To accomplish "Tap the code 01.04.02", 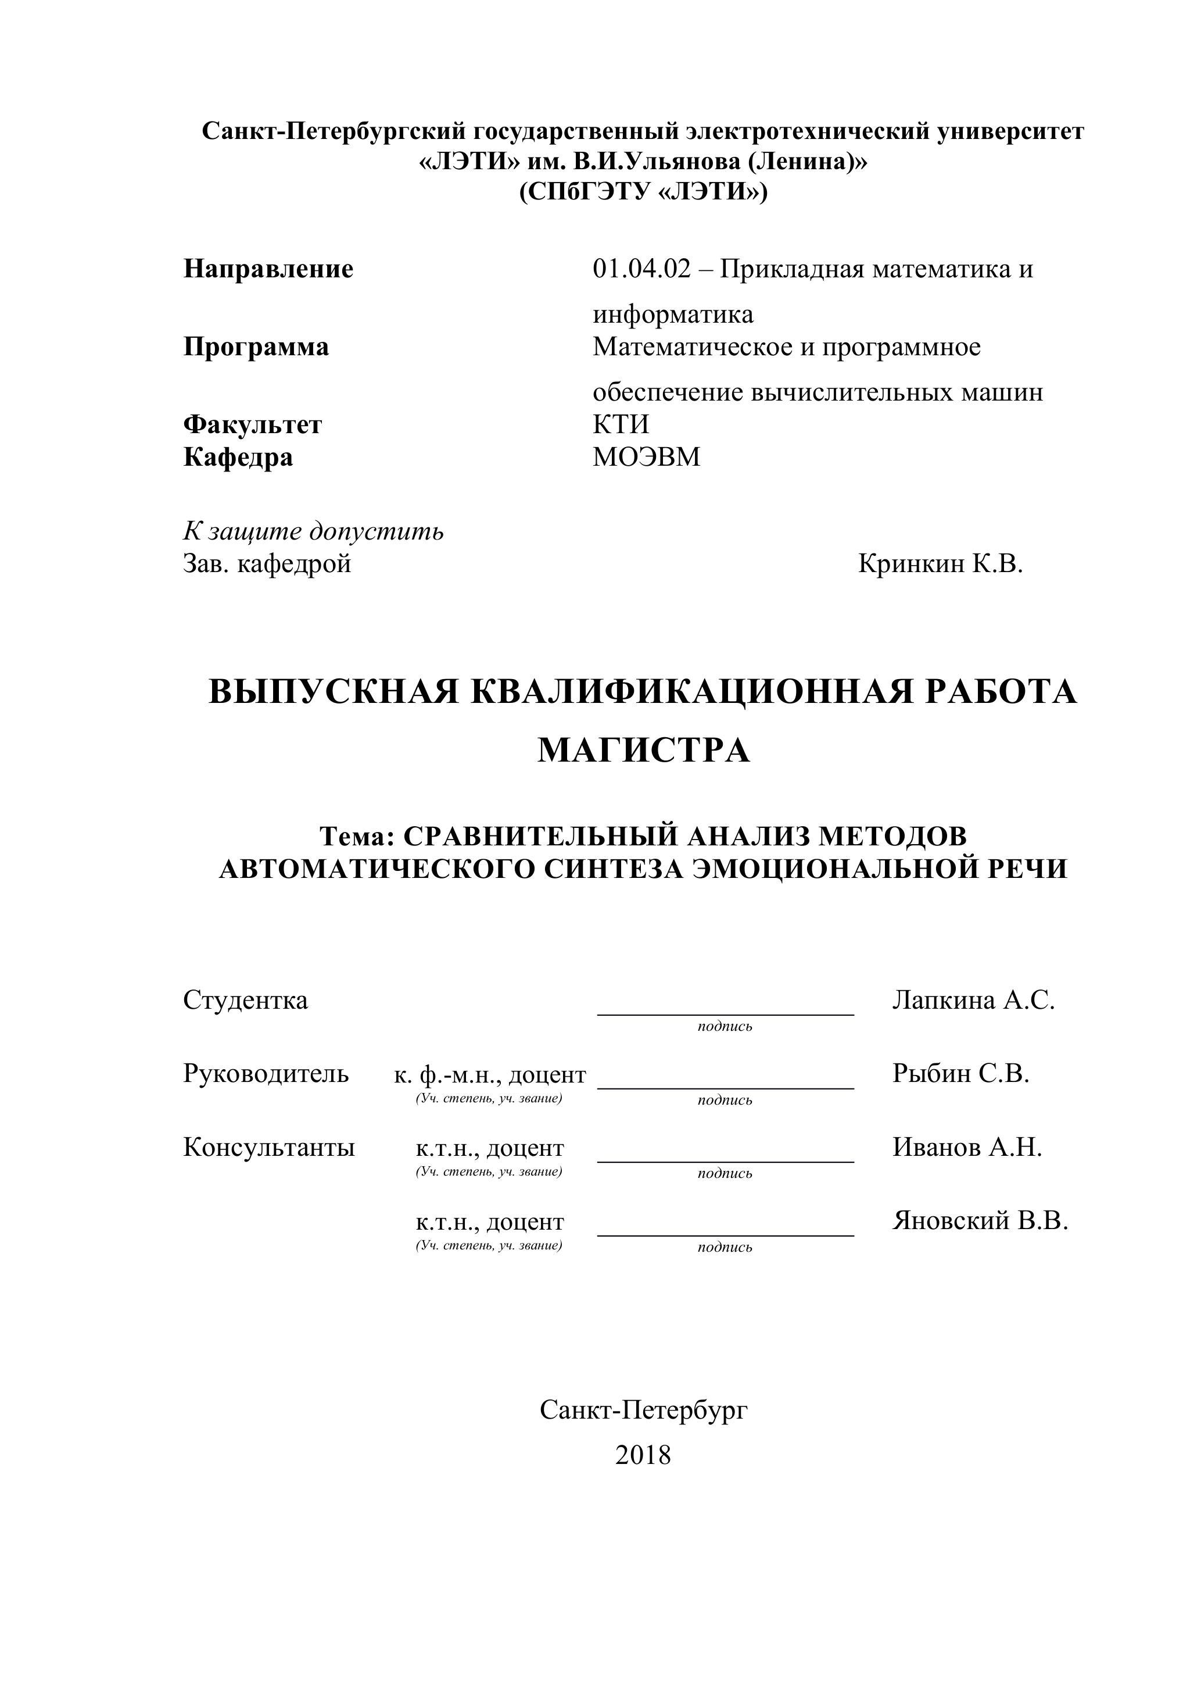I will pos(641,269).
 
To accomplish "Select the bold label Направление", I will pos(268,269).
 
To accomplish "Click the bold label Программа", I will pos(256,347).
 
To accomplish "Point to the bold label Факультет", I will pos(252,424).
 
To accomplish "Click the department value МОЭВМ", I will pos(646,457).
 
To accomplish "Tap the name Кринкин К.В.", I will pos(940,564).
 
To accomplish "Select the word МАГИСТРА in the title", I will pos(643,751).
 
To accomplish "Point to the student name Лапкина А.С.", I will pos(973,1001).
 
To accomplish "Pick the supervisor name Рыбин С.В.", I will pos(960,1074).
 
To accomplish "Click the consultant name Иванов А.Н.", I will pos(966,1147).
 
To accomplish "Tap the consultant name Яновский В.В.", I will pos(980,1220).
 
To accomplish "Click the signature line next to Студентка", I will pos(725,1013).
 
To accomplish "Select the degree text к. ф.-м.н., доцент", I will pos(489,1074).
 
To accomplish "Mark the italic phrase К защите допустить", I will pos(313,531).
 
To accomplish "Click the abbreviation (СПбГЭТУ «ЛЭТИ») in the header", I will pos(643,192).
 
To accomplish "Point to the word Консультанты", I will pos(268,1147).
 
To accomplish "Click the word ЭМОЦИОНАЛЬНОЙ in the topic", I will pos(827,869).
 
